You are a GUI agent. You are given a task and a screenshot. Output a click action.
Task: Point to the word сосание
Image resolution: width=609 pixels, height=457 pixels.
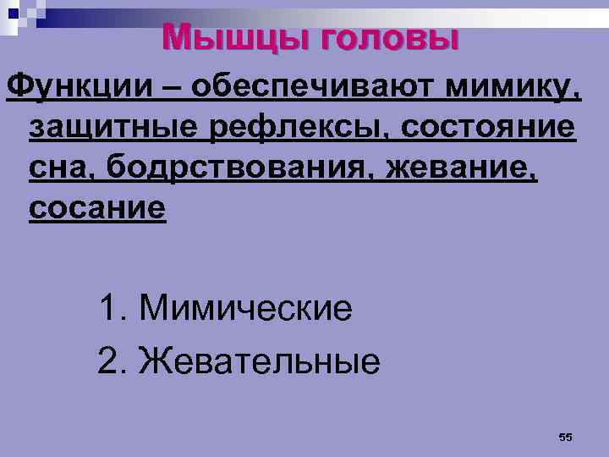97,208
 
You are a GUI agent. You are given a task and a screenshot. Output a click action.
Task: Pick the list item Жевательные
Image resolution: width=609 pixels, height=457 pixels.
260,362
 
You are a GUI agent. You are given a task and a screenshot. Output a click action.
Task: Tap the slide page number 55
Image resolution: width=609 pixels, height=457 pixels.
566,437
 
